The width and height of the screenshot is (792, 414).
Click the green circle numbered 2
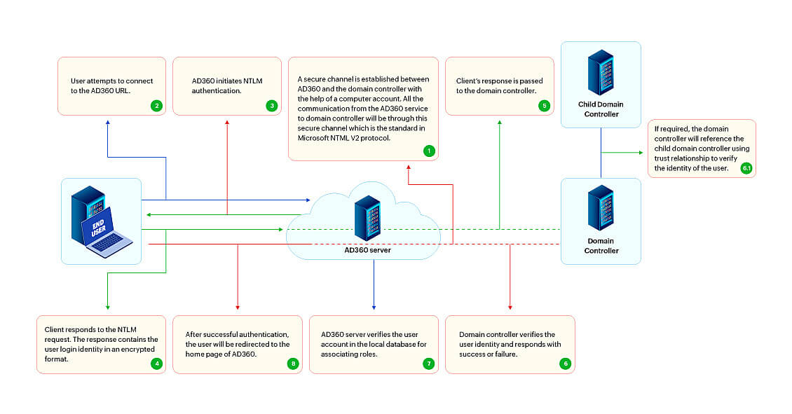tap(156, 106)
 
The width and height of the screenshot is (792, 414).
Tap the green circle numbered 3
tap(271, 106)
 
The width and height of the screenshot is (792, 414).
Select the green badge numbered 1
tap(429, 151)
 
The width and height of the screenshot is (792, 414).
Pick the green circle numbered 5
tap(543, 106)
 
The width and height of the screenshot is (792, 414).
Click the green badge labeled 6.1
tap(746, 168)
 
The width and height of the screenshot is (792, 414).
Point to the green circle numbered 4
tap(156, 364)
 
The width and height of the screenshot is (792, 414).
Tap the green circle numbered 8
tap(292, 364)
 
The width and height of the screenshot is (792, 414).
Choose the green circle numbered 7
tap(429, 364)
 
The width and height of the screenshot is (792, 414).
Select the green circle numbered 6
tap(565, 364)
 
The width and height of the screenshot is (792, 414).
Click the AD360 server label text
tap(367, 249)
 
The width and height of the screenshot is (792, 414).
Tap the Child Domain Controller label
tap(601, 109)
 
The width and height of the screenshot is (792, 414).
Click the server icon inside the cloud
tap(367, 218)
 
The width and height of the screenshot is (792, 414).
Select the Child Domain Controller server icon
tap(601, 72)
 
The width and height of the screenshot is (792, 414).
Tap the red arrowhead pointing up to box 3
tap(227, 123)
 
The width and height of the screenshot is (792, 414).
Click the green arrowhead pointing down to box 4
tap(107, 307)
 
